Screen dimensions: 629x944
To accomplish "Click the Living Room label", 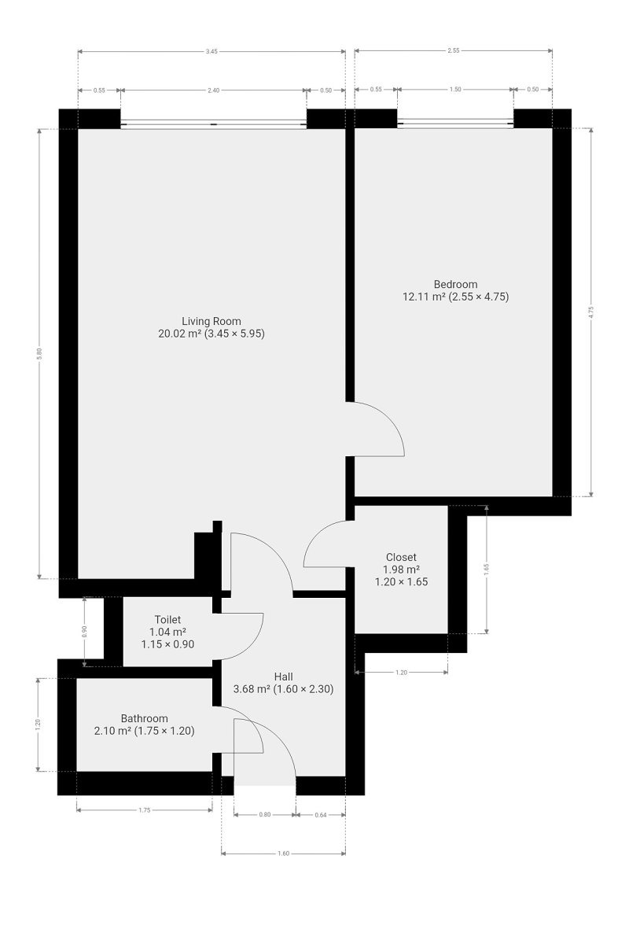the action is click(x=211, y=321).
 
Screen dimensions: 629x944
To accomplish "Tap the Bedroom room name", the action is click(x=455, y=284).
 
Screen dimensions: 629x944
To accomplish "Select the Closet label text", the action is click(x=401, y=557).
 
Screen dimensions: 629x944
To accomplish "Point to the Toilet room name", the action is click(x=167, y=620).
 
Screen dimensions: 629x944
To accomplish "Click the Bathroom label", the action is click(x=145, y=718).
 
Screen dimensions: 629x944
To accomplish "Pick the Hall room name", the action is click(x=284, y=677).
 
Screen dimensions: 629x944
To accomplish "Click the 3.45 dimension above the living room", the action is click(x=212, y=51).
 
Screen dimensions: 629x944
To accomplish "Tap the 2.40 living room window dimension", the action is click(x=214, y=90).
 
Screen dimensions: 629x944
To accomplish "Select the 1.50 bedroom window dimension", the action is click(x=455, y=90).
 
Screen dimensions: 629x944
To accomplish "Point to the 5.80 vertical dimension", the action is click(x=39, y=353).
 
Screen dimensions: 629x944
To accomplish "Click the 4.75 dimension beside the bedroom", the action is click(x=590, y=312).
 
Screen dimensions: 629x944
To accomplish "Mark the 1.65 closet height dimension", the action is click(x=486, y=570).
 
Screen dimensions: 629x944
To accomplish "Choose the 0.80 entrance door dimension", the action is click(x=265, y=815).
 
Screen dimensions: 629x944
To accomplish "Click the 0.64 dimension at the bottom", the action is click(x=321, y=815).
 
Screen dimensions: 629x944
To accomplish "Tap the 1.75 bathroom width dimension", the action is click(x=145, y=810).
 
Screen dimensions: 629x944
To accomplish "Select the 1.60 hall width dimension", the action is click(x=284, y=854).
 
